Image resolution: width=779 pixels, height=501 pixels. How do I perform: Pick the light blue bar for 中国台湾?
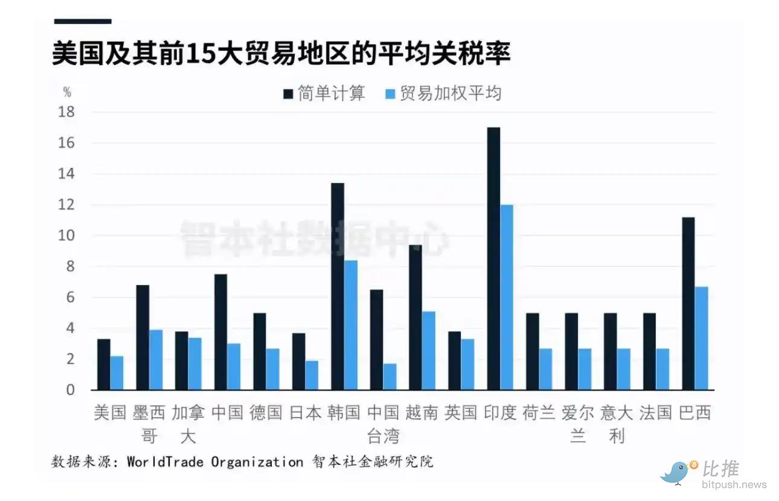pyautogui.click(x=390, y=377)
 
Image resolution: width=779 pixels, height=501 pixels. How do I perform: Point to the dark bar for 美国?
pyautogui.click(x=104, y=365)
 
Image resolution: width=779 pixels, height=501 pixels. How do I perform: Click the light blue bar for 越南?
pyautogui.click(x=429, y=351)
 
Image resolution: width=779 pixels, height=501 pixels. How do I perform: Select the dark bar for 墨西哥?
pyautogui.click(x=143, y=337)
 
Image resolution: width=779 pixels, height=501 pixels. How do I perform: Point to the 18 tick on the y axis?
pyautogui.click(x=66, y=112)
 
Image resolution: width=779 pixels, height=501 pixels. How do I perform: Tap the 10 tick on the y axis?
pyautogui.click(x=66, y=236)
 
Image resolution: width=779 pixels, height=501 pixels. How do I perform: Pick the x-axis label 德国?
pyautogui.click(x=266, y=413)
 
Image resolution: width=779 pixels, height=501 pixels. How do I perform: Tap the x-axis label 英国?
pyautogui.click(x=461, y=413)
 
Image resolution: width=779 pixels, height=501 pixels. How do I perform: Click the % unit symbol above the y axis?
pyautogui.click(x=67, y=92)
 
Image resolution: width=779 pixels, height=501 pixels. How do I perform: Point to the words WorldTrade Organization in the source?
pyautogui.click(x=215, y=462)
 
